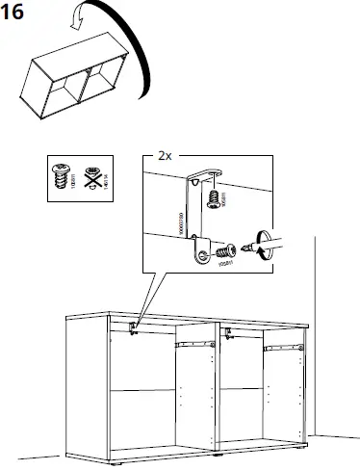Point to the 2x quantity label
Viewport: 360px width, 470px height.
tap(165, 156)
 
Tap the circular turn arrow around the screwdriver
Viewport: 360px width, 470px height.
tap(266, 244)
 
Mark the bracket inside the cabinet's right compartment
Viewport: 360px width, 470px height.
tap(228, 333)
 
